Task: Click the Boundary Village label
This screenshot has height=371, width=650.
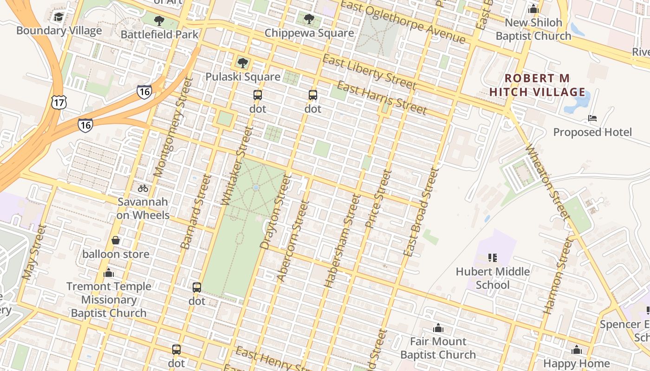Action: pyautogui.click(x=59, y=31)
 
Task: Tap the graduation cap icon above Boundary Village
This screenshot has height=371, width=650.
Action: pyautogui.click(x=58, y=17)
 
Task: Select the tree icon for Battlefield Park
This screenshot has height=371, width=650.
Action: pyautogui.click(x=159, y=20)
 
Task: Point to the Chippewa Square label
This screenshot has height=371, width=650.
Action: pyautogui.click(x=309, y=33)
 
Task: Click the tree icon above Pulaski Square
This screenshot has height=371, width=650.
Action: pyautogui.click(x=242, y=63)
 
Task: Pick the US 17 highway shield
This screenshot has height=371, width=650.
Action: pyautogui.click(x=59, y=102)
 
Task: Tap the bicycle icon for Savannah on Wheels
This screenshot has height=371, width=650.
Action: pyautogui.click(x=143, y=188)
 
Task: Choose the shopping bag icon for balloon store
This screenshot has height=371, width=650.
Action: pyautogui.click(x=116, y=240)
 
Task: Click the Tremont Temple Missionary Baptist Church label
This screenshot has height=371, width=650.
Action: pyautogui.click(x=109, y=300)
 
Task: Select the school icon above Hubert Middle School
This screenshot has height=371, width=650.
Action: pyautogui.click(x=493, y=257)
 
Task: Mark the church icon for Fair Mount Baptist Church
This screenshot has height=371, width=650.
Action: pyautogui.click(x=438, y=328)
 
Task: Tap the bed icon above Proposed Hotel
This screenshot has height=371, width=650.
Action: pyautogui.click(x=592, y=118)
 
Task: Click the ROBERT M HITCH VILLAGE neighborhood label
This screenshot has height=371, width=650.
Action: pyautogui.click(x=537, y=85)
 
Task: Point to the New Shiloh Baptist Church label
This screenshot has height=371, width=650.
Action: pyautogui.click(x=533, y=29)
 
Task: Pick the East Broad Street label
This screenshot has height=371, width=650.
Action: pyautogui.click(x=421, y=211)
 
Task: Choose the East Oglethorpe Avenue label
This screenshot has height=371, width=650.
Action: pyautogui.click(x=403, y=22)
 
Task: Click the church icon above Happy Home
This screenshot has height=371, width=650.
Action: pyautogui.click(x=577, y=350)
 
